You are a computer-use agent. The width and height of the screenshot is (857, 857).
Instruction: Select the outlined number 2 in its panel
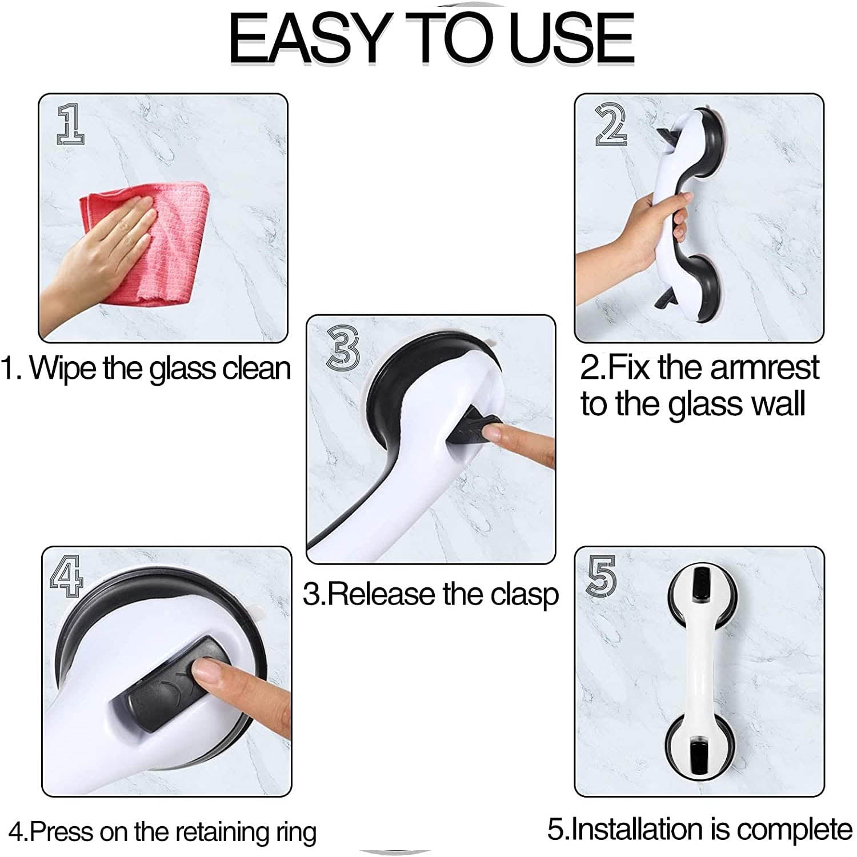(611, 124)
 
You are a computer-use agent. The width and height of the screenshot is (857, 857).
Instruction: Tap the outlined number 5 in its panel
(602, 575)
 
